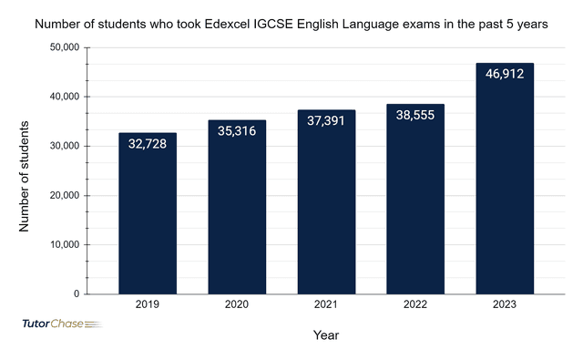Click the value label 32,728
click(148, 145)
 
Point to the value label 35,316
click(237, 132)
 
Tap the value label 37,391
click(326, 122)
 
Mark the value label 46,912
click(505, 76)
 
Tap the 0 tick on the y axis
click(77, 295)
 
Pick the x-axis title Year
click(326, 336)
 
